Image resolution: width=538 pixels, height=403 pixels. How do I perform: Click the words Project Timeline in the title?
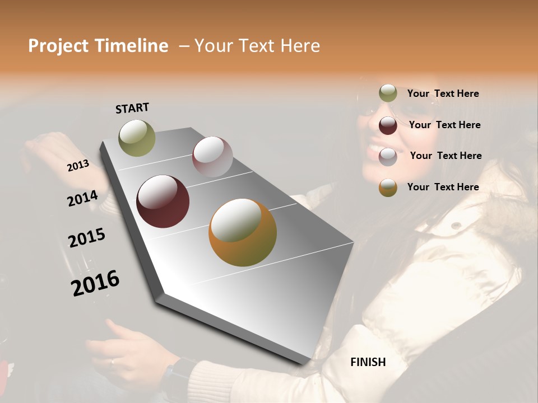point(98,46)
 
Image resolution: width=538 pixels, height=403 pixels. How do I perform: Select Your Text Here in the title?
point(257,46)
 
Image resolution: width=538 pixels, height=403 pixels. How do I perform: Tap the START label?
point(132,108)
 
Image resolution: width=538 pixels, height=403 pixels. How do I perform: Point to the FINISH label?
point(368,362)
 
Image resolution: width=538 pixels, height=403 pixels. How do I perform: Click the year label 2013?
point(78,166)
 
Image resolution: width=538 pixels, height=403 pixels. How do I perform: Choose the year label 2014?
point(82,199)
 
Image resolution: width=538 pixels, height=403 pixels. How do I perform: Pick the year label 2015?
point(87,238)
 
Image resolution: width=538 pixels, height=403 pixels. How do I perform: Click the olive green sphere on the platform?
point(137,138)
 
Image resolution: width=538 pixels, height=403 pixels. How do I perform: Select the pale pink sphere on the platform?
point(212,157)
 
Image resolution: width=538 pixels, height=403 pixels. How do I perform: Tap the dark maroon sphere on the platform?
point(163,201)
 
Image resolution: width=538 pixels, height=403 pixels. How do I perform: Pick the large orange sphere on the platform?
point(243,232)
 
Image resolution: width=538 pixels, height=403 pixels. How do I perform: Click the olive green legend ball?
point(388,93)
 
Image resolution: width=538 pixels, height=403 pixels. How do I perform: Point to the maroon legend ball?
point(388,125)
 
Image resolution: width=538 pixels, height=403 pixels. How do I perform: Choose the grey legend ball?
point(388,156)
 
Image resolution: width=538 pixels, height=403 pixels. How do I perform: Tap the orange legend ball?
point(388,188)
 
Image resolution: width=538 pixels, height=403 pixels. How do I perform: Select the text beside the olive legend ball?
point(443,93)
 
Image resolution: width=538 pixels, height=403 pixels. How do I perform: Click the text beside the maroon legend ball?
point(445,125)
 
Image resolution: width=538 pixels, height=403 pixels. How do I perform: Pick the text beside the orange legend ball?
point(443,187)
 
